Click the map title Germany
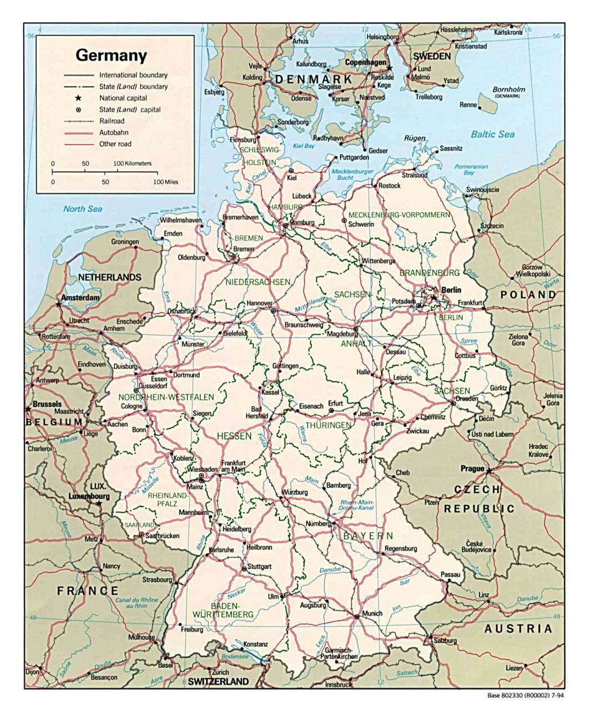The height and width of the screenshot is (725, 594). [x=111, y=55]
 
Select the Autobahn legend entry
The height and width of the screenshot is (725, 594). [x=114, y=132]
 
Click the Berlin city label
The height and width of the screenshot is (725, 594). [x=451, y=290]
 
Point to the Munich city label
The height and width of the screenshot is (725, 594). [x=372, y=614]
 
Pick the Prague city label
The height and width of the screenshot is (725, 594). [x=472, y=468]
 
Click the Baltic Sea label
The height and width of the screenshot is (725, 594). [x=493, y=134]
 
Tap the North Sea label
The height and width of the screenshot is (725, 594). [x=83, y=209]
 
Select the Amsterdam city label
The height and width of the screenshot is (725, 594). [x=80, y=298]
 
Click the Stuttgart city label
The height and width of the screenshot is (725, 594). [x=260, y=566]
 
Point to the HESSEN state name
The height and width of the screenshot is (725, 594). [x=234, y=436]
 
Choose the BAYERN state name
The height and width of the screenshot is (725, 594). [x=368, y=536]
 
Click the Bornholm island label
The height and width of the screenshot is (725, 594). [x=509, y=89]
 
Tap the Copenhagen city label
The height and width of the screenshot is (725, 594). [x=365, y=63]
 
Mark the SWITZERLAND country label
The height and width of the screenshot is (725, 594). [x=218, y=682]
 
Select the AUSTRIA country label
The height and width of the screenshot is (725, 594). [x=518, y=629]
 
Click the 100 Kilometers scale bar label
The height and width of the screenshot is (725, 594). [x=132, y=164]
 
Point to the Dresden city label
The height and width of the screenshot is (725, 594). [x=466, y=399]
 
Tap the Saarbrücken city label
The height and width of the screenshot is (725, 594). [x=163, y=536]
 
